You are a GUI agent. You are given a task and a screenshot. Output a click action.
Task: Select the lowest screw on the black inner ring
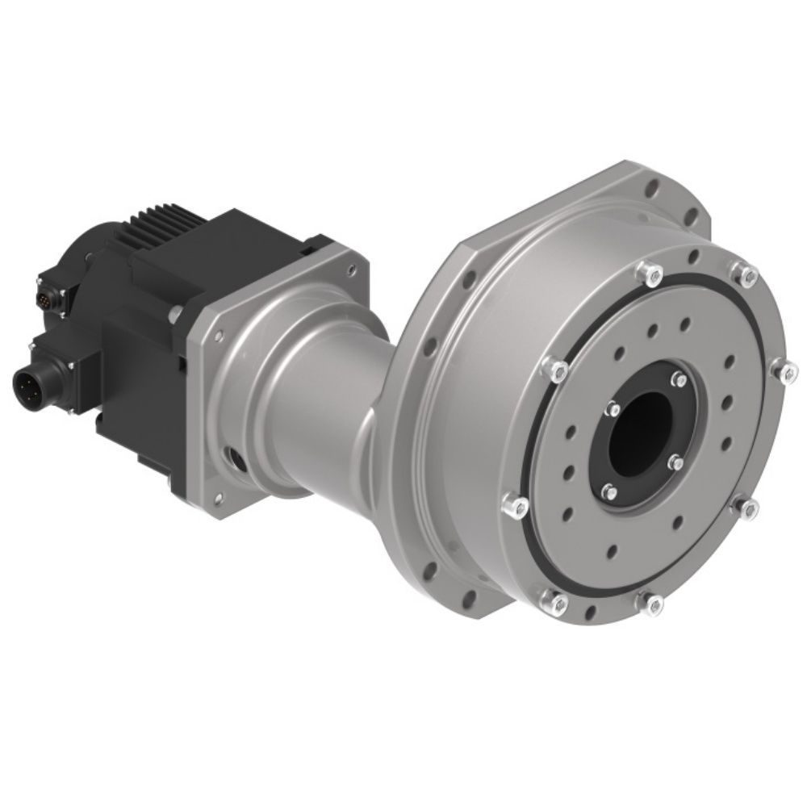coord(608,490)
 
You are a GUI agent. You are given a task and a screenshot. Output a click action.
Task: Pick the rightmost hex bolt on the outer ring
coord(781,371)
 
